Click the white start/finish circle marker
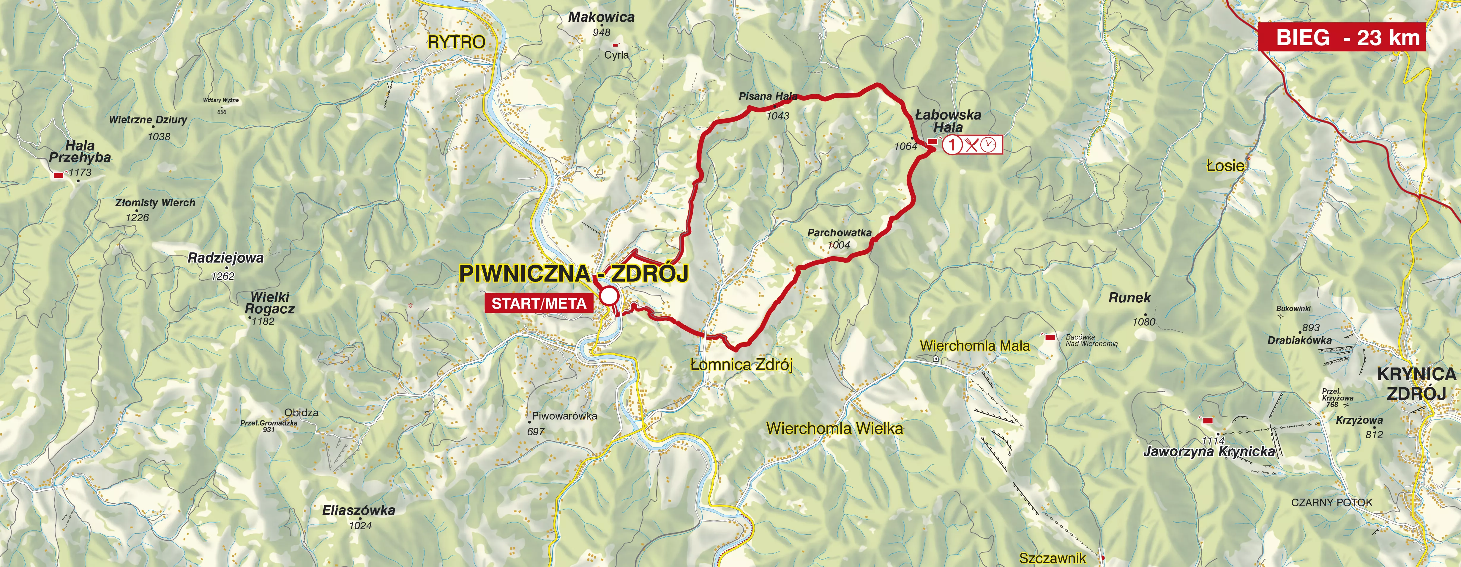point(609,296)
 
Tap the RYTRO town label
point(457,42)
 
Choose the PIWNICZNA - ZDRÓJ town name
point(573,274)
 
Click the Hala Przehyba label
point(80,152)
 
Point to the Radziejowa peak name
point(226,258)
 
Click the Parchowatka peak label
point(840,233)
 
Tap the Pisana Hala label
point(768,97)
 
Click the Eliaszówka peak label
point(359,510)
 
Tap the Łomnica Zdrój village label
point(741,365)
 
